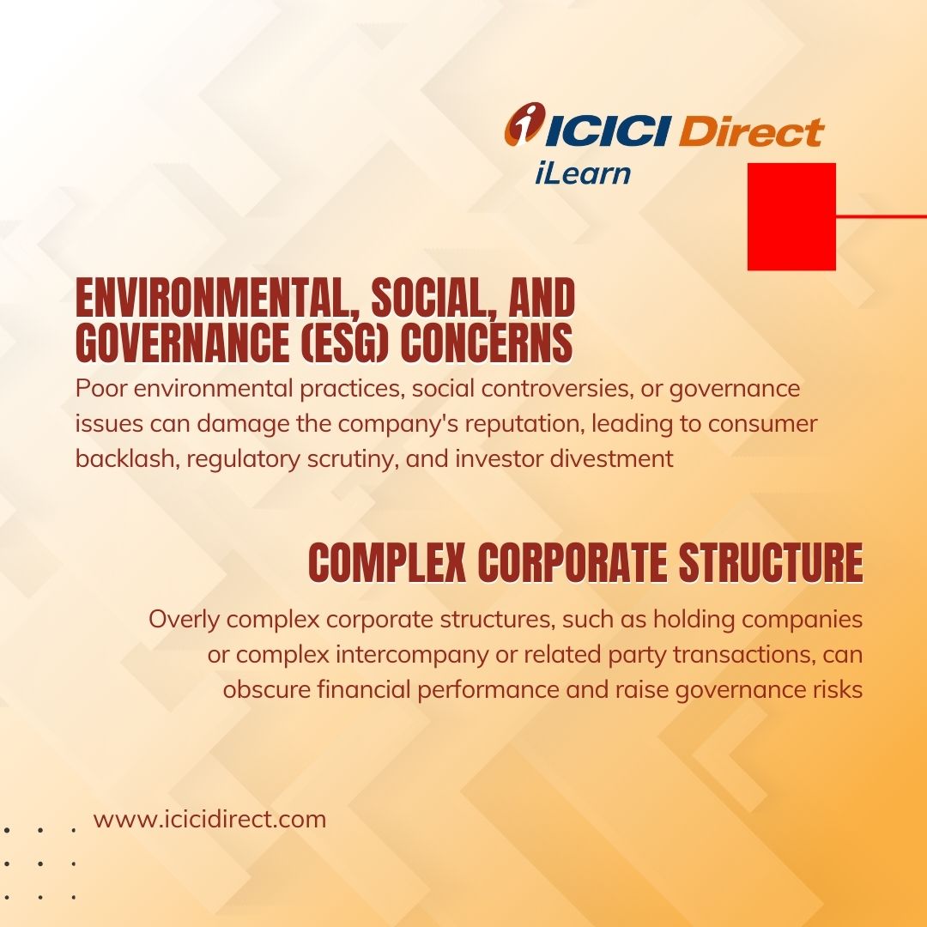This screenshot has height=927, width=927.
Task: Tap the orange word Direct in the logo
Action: [751, 130]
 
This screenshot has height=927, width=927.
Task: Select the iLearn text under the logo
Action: [583, 173]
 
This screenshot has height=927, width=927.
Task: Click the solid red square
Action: [791, 216]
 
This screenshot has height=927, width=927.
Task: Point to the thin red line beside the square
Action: [882, 216]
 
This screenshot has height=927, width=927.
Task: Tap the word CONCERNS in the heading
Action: [487, 342]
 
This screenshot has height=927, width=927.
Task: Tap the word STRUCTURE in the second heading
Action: [771, 562]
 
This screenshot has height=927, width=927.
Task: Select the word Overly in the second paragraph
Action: [184, 621]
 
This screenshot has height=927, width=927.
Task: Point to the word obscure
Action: [267, 690]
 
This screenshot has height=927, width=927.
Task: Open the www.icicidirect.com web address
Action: [210, 820]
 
